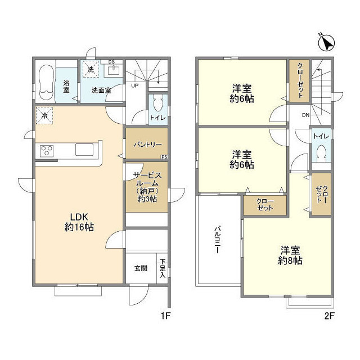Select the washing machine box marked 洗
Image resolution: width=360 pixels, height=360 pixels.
91,69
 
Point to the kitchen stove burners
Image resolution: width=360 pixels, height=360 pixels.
46,151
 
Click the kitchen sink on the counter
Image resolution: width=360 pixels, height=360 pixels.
85,150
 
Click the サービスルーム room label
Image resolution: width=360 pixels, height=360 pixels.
146,187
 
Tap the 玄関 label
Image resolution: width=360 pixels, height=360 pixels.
140,268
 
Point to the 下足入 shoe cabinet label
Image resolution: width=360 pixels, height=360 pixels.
163,268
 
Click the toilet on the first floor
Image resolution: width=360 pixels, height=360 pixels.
158,105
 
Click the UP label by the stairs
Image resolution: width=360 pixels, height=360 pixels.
135,86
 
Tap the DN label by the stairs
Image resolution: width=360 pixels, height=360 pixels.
305,115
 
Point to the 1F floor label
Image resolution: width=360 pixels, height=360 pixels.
164,316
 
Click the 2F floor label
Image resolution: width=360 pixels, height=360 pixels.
329,316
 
